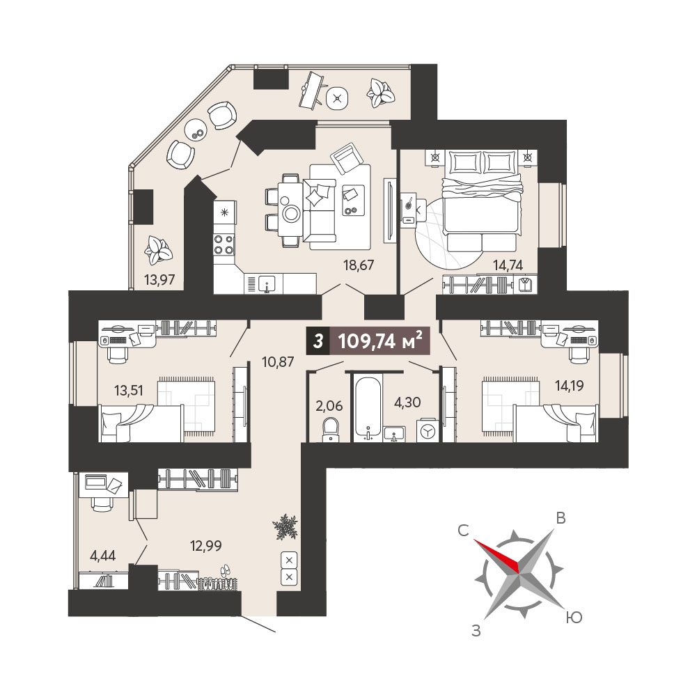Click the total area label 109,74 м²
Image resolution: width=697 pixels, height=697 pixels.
pyautogui.click(x=380, y=341)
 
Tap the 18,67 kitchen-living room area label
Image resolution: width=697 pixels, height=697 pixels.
pyautogui.click(x=359, y=265)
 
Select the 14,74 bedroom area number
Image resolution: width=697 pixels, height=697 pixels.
pyautogui.click(x=508, y=265)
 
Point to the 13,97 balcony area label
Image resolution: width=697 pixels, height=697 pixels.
pyautogui.click(x=159, y=280)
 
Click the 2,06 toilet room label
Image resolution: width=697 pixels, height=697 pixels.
pyautogui.click(x=329, y=405)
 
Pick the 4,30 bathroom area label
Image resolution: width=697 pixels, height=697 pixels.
pyautogui.click(x=407, y=402)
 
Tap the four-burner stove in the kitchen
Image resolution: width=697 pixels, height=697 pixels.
pyautogui.click(x=224, y=244)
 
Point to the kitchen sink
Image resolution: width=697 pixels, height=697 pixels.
pyautogui.click(x=267, y=283)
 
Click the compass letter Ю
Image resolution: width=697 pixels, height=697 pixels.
pyautogui.click(x=574, y=618)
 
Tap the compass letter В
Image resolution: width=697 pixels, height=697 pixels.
pyautogui.click(x=561, y=518)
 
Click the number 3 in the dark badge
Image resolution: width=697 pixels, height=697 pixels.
pyautogui.click(x=318, y=341)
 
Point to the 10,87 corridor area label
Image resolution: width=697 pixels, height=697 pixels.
pyautogui.click(x=278, y=362)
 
